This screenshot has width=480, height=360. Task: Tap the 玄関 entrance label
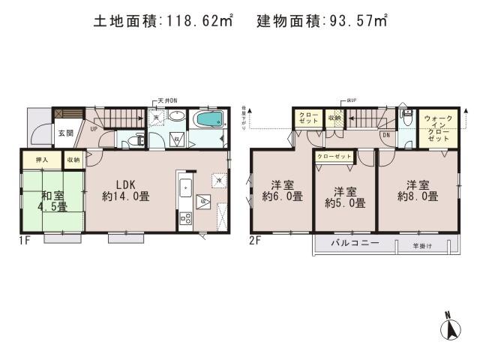[x=65, y=133]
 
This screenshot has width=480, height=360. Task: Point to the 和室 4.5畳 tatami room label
[x=52, y=199]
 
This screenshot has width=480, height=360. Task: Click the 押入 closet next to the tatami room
[x=42, y=160]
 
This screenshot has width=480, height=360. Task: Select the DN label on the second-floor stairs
[x=385, y=136]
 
